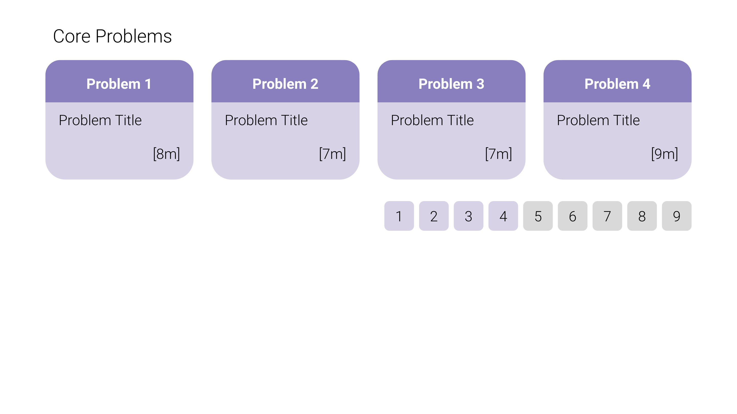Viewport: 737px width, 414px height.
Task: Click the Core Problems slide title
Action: [112, 36]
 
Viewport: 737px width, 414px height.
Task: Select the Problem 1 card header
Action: [119, 81]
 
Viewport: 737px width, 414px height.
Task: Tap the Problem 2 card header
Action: [285, 81]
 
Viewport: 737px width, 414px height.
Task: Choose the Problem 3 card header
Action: [451, 81]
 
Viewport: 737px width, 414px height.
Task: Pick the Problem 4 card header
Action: [617, 81]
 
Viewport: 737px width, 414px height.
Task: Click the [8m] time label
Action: [167, 154]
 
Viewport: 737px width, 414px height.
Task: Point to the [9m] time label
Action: [665, 154]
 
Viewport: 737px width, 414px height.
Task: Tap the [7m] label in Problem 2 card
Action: [332, 154]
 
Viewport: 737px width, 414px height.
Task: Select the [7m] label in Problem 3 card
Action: [498, 154]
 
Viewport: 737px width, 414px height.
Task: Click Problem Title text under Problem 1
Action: [100, 120]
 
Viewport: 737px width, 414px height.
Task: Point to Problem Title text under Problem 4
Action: [598, 120]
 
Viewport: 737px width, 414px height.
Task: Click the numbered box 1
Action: [399, 216]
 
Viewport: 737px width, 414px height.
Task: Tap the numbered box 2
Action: [434, 216]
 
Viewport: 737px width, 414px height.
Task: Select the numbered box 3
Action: [469, 216]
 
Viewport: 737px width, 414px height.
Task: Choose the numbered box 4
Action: [503, 216]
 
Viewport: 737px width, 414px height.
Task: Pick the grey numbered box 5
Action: [538, 216]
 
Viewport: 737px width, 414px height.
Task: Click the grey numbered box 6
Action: [572, 216]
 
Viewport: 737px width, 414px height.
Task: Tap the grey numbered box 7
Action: [608, 216]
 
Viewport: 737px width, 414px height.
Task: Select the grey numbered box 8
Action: [642, 216]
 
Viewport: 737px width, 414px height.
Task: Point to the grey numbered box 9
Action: [677, 216]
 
